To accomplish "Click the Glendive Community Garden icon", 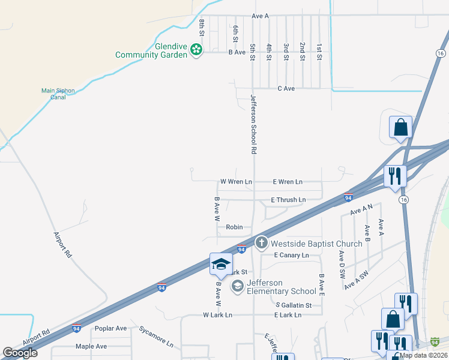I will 196,50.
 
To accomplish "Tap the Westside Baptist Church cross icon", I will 261,242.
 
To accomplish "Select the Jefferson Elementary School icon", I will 237,286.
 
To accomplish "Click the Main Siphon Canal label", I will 58,94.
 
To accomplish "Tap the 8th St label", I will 202,28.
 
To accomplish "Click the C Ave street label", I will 286,89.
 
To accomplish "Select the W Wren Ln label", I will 236,181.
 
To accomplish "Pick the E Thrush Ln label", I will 288,200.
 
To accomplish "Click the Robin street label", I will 234,227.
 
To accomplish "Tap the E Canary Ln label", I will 291,255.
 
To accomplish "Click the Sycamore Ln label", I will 156,337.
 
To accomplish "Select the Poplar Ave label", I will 110,328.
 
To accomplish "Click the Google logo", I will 20,353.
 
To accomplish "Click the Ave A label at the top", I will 260,16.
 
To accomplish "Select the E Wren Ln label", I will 288,181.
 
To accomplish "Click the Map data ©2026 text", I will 422,355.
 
